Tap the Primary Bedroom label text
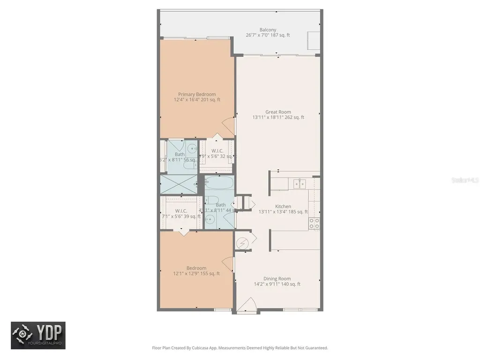click(197, 97)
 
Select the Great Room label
click(278, 115)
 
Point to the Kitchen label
click(283, 209)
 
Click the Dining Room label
click(277, 281)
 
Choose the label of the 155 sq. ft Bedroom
click(196, 271)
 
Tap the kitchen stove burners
click(315, 223)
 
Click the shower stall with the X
click(179, 184)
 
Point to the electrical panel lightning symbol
click(242, 243)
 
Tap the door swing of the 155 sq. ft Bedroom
click(228, 265)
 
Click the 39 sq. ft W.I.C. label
click(181, 214)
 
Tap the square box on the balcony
click(313, 40)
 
